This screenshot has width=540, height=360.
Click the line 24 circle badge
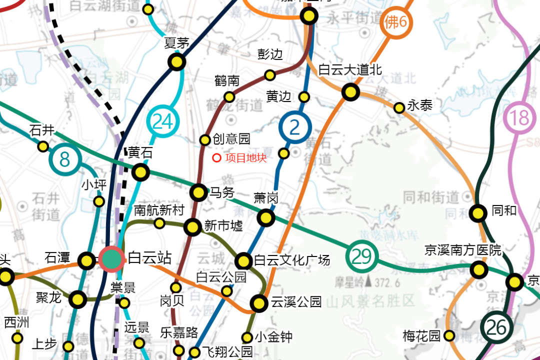click(162, 121)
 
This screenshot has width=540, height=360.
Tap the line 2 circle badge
click(295, 127)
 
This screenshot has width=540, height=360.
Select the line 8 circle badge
click(65, 159)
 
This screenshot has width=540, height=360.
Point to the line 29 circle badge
click(361, 256)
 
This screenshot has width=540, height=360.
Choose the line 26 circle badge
click(497, 327)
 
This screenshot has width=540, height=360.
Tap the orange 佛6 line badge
click(396, 22)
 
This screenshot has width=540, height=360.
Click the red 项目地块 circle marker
click(216, 158)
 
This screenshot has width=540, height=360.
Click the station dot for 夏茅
click(176, 62)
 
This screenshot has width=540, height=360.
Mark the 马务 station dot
click(199, 192)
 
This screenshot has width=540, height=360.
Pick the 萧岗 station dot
click(265, 217)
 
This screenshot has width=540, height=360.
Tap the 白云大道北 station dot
click(350, 92)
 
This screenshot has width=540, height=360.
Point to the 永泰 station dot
click(399, 107)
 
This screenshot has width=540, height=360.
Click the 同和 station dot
click(478, 213)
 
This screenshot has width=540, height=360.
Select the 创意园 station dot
click(205, 140)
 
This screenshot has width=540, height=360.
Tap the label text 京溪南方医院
click(462, 250)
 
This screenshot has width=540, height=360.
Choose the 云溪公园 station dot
click(259, 302)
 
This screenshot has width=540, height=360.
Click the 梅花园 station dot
click(449, 335)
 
